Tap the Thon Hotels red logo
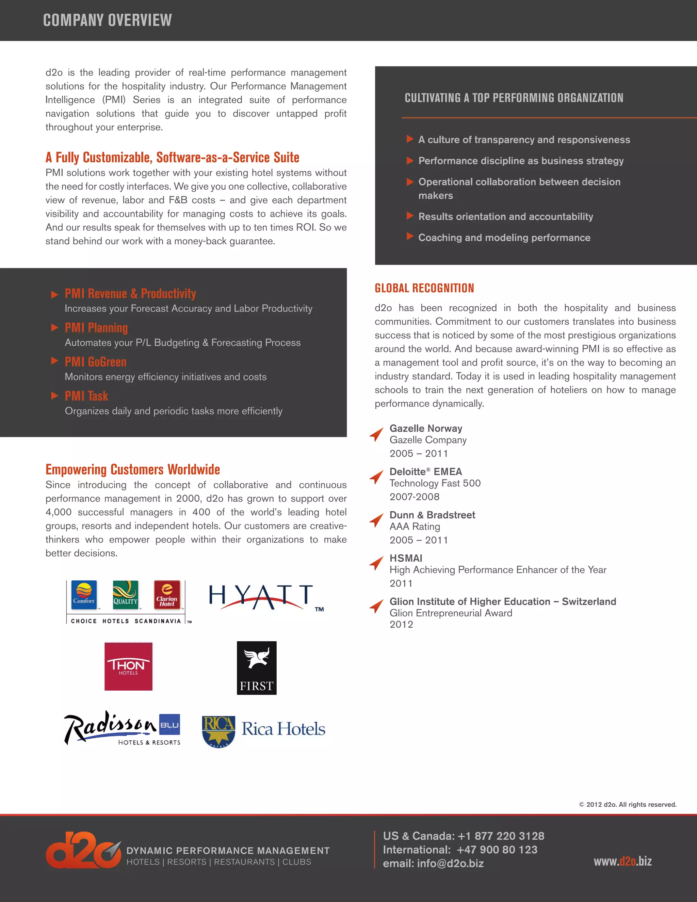coord(128,666)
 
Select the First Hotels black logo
coord(256,668)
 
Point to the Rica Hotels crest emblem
coord(218,731)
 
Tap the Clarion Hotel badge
coord(167,595)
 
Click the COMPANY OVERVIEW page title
coord(107,20)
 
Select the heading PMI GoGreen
coord(95,362)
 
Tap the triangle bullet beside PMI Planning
coord(54,327)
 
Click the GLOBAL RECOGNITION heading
coord(424,288)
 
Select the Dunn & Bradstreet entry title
coord(432,515)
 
